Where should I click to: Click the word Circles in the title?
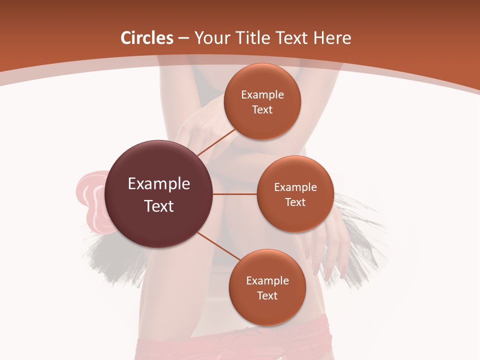(147, 38)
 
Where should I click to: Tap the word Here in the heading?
(332, 38)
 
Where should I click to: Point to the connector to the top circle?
(216, 142)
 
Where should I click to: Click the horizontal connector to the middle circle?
(235, 194)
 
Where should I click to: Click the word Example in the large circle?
(159, 183)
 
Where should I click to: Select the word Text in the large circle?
(159, 206)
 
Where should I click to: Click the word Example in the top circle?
(262, 94)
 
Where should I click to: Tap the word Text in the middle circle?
(295, 202)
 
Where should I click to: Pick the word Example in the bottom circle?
(267, 280)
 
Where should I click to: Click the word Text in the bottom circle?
(267, 295)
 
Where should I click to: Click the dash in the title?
(184, 38)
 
